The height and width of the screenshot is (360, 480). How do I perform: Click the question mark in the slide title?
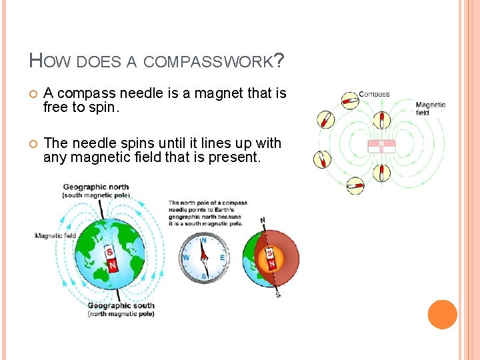(279, 61)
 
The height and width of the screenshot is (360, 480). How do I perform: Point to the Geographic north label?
(97, 187)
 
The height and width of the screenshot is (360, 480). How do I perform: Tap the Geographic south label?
(121, 306)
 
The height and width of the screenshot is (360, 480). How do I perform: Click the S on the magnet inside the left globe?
(110, 252)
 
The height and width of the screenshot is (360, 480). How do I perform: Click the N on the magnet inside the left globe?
(113, 265)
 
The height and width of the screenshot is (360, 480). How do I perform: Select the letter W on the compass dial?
(186, 257)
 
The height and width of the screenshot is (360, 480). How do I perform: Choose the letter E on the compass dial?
(222, 257)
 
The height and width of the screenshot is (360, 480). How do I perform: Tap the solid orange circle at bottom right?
(442, 315)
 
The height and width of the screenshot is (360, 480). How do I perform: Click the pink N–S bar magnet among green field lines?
(381, 146)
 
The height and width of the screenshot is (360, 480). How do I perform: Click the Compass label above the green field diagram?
(374, 95)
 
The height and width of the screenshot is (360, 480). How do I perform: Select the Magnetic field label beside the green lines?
(430, 109)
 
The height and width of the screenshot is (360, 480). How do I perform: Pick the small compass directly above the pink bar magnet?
(381, 120)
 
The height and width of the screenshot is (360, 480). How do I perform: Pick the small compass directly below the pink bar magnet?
(381, 173)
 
